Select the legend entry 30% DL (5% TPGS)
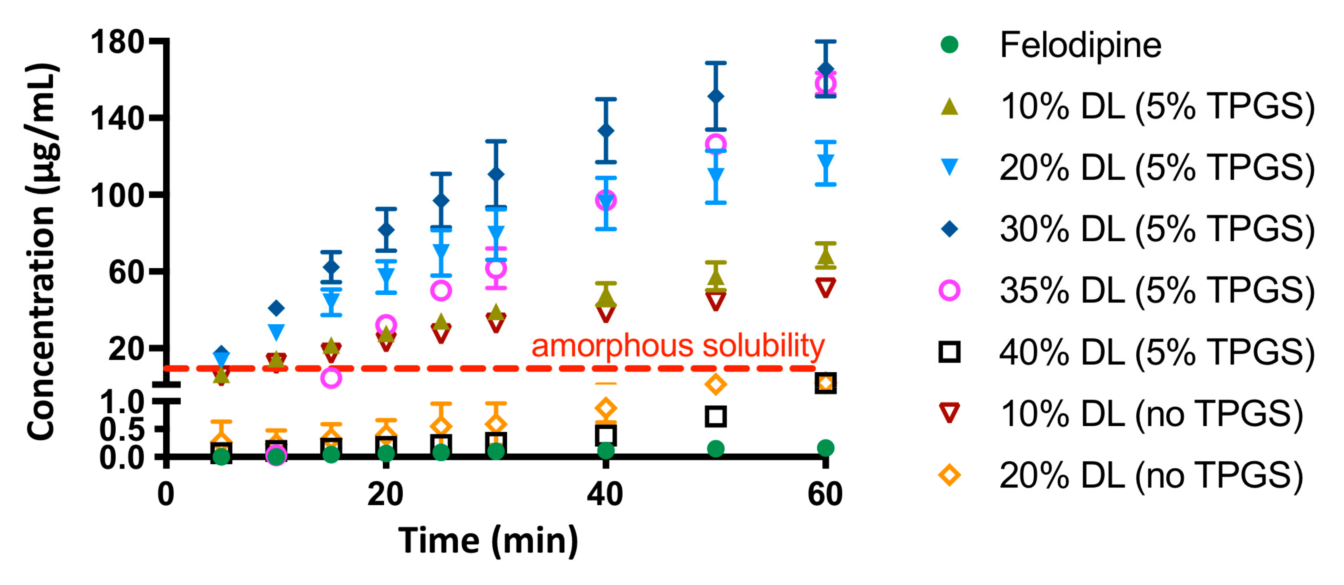click(1156, 229)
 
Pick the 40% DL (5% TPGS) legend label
click(1156, 353)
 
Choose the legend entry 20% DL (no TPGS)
click(1151, 475)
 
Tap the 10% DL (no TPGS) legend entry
click(1151, 414)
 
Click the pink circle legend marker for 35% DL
click(950, 290)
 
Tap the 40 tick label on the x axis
click(605, 494)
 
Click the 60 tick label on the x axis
click(825, 494)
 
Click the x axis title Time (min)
click(488, 541)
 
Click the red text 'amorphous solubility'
click(678, 346)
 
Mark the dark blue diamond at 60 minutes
click(825, 70)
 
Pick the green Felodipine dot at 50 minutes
click(715, 448)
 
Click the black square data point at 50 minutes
click(715, 417)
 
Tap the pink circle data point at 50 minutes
click(716, 144)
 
